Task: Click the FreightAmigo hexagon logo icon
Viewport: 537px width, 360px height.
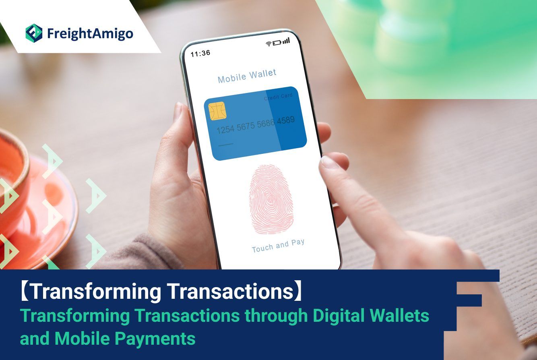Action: coord(34,33)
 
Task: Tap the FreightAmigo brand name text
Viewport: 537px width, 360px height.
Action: coord(90,34)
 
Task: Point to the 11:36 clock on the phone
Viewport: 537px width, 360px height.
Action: coord(200,54)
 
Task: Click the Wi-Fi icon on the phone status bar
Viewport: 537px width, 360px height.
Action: coord(269,43)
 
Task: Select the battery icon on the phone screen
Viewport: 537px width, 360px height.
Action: coord(277,43)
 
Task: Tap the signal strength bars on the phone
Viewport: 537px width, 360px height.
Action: coord(286,41)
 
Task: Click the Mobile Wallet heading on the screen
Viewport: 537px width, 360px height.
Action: coord(247,76)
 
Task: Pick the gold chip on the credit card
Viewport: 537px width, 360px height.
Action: coord(217,111)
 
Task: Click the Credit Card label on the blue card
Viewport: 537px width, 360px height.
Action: coord(278,96)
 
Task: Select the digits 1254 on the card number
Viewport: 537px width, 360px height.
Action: coord(225,130)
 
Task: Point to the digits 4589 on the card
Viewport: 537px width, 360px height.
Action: coord(286,120)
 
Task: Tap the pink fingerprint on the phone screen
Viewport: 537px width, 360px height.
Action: coord(271,199)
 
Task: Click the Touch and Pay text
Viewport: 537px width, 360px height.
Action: coord(278,246)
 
